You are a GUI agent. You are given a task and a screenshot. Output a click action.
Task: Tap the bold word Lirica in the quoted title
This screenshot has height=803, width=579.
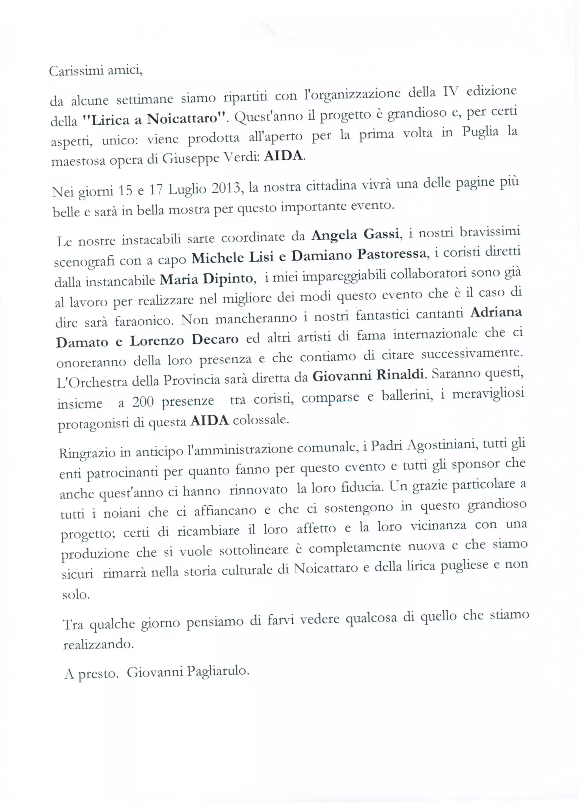click(x=110, y=120)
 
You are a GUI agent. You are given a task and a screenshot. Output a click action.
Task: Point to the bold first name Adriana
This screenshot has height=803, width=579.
click(x=496, y=312)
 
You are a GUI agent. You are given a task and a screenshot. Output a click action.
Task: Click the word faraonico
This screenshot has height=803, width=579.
click(x=144, y=321)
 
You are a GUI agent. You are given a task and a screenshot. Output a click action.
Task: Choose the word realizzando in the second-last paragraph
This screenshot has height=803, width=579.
click(x=99, y=644)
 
